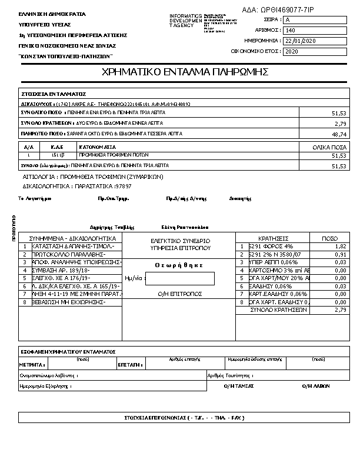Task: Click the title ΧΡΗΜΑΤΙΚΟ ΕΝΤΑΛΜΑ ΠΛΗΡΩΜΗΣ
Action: tap(185, 72)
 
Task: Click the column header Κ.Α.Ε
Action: tap(57, 147)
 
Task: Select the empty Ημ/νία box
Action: tap(179, 278)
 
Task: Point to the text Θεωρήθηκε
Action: tap(179, 265)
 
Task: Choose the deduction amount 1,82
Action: tap(341, 247)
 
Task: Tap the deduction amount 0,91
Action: tap(341, 255)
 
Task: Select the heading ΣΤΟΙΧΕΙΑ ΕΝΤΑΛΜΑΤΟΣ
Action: tap(54, 94)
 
